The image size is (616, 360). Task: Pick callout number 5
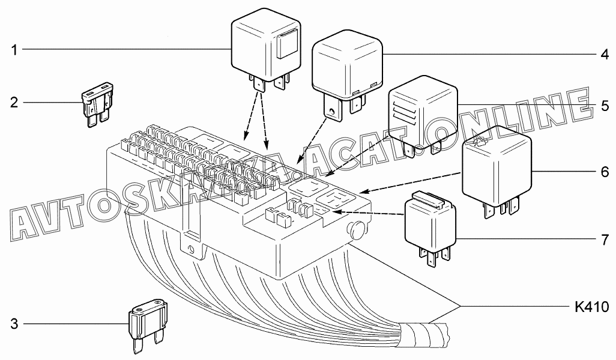(604, 104)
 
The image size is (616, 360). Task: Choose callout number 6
(604, 172)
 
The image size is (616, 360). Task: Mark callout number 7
(604, 239)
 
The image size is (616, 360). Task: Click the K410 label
(591, 308)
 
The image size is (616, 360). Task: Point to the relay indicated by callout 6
(497, 166)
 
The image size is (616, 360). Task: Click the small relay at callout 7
(431, 225)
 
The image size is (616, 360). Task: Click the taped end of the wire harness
(431, 334)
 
